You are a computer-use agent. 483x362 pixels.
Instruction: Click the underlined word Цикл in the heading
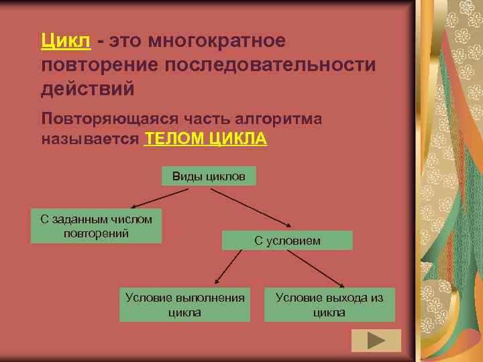[65, 42]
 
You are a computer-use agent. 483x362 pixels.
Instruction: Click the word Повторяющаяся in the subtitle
[107, 119]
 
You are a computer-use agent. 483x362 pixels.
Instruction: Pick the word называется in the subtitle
[90, 139]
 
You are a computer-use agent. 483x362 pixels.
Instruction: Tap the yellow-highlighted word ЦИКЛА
[239, 139]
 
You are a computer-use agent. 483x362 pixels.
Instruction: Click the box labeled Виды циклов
[209, 176]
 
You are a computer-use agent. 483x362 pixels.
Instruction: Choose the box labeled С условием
[287, 240]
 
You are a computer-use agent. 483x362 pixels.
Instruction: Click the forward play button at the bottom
[376, 340]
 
